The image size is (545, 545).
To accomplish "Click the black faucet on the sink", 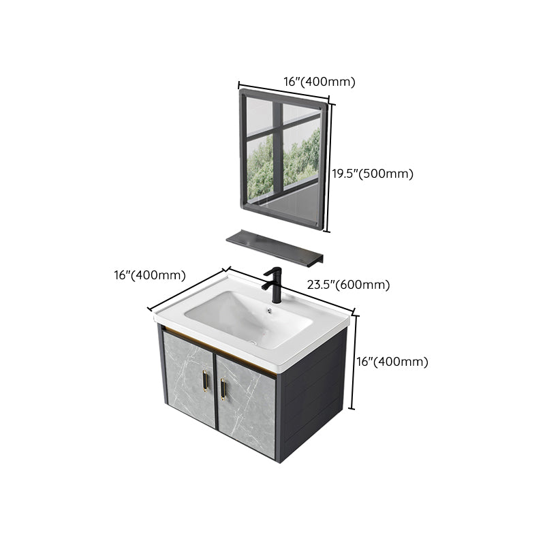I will (276, 286).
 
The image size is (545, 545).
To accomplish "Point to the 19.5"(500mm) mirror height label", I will (373, 174).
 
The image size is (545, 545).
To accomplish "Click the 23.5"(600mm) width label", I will (348, 285).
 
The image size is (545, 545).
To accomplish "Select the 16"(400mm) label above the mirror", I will (320, 82).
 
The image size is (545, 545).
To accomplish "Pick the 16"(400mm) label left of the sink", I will (150, 275).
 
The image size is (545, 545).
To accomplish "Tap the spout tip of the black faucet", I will (266, 275).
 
